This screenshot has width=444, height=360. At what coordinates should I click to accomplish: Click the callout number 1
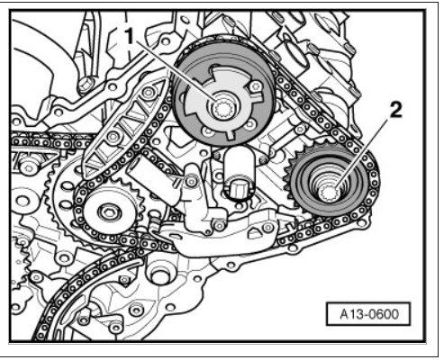point(130,37)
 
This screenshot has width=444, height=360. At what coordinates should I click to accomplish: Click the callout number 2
point(395,110)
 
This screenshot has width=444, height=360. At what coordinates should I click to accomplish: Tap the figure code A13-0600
point(369,314)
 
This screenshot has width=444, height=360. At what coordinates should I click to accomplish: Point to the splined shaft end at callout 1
point(222,109)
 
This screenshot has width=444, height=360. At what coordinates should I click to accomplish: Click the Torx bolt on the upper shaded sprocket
point(256,86)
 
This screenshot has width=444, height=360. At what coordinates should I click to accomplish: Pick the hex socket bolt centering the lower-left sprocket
point(109,212)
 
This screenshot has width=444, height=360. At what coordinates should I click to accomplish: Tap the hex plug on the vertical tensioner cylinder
point(239,190)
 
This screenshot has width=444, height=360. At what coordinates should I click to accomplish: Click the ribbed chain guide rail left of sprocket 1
point(123,128)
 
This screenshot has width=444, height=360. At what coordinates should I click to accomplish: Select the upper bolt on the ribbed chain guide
point(149,93)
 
